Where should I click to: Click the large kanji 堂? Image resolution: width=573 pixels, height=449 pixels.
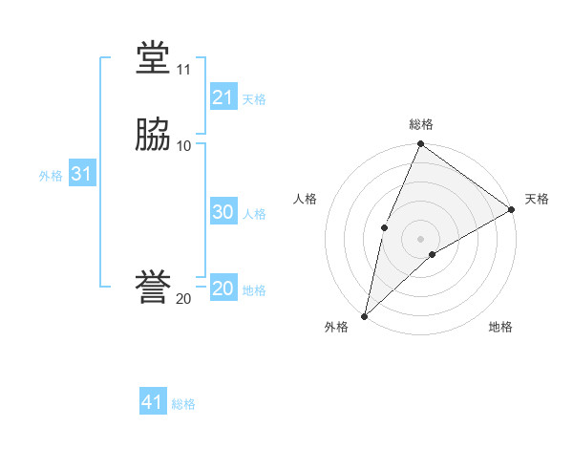click(153, 59)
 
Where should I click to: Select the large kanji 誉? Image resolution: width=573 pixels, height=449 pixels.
click(153, 289)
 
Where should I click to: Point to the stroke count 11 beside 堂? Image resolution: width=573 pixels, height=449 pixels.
click(183, 70)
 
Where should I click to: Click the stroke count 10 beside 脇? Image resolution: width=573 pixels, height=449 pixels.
click(183, 145)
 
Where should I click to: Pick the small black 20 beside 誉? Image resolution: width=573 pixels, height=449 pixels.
click(183, 299)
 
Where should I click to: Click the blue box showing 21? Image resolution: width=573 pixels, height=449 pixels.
click(223, 97)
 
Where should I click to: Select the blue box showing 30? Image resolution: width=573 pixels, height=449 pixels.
click(223, 212)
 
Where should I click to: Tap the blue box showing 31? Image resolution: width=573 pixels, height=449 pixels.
click(81, 175)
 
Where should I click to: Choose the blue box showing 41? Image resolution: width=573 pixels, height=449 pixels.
click(152, 402)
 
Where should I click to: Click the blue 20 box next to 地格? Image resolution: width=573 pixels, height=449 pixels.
click(223, 289)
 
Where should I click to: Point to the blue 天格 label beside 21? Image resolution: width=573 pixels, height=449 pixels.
click(254, 99)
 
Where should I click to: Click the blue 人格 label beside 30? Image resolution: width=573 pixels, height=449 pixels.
click(254, 214)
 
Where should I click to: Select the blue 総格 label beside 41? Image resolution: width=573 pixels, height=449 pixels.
click(183, 404)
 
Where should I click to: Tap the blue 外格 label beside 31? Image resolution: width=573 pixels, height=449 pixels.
click(51, 176)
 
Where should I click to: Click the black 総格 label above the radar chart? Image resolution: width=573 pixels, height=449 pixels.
click(420, 124)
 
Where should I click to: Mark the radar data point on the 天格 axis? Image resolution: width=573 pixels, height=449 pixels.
click(512, 209)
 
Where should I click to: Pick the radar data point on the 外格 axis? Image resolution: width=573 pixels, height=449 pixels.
click(364, 315)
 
